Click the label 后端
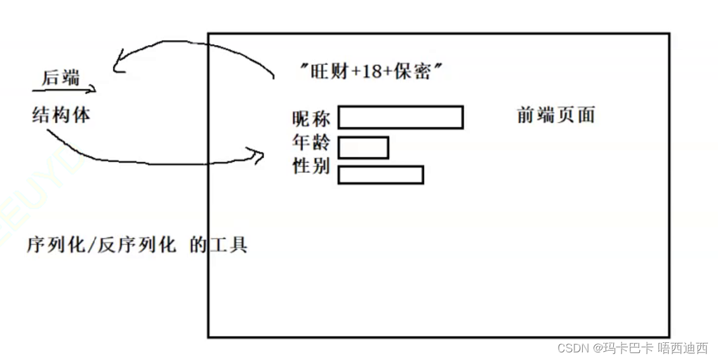(x=61, y=77)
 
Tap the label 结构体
(x=61, y=115)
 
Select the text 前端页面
(x=555, y=115)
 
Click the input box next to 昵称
(x=400, y=117)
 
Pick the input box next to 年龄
(x=363, y=147)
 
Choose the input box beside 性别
(x=380, y=175)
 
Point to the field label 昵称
(x=311, y=118)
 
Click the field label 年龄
(x=311, y=143)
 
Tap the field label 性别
(x=311, y=166)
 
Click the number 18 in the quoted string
(x=373, y=71)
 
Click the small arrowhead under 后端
(x=93, y=90)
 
